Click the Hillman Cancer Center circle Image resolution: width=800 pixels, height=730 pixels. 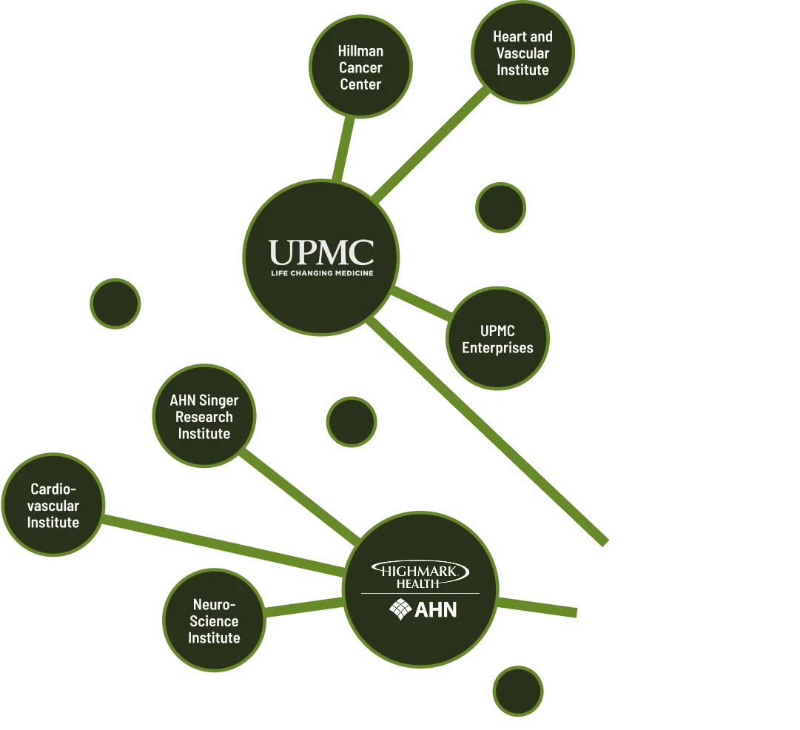(360, 67)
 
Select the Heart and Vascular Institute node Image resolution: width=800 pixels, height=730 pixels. (522, 53)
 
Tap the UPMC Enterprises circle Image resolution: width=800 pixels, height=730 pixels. (497, 339)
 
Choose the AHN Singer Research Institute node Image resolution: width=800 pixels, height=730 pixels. (204, 416)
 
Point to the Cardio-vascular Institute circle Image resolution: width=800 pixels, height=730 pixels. (53, 505)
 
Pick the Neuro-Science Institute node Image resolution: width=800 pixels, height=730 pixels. (214, 620)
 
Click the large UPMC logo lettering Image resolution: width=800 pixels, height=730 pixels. (320, 253)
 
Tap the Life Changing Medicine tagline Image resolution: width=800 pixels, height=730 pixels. (320, 273)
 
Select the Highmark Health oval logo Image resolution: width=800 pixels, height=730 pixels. (420, 574)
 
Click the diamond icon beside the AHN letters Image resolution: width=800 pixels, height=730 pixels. (400, 609)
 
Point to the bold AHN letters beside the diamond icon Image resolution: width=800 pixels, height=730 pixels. (436, 610)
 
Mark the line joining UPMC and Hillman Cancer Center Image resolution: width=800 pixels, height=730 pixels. (341, 148)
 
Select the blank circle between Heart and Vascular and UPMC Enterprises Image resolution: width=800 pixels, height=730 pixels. (501, 207)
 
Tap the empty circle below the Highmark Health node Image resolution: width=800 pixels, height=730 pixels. (518, 691)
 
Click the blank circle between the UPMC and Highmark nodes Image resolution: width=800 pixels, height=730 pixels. (352, 422)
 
